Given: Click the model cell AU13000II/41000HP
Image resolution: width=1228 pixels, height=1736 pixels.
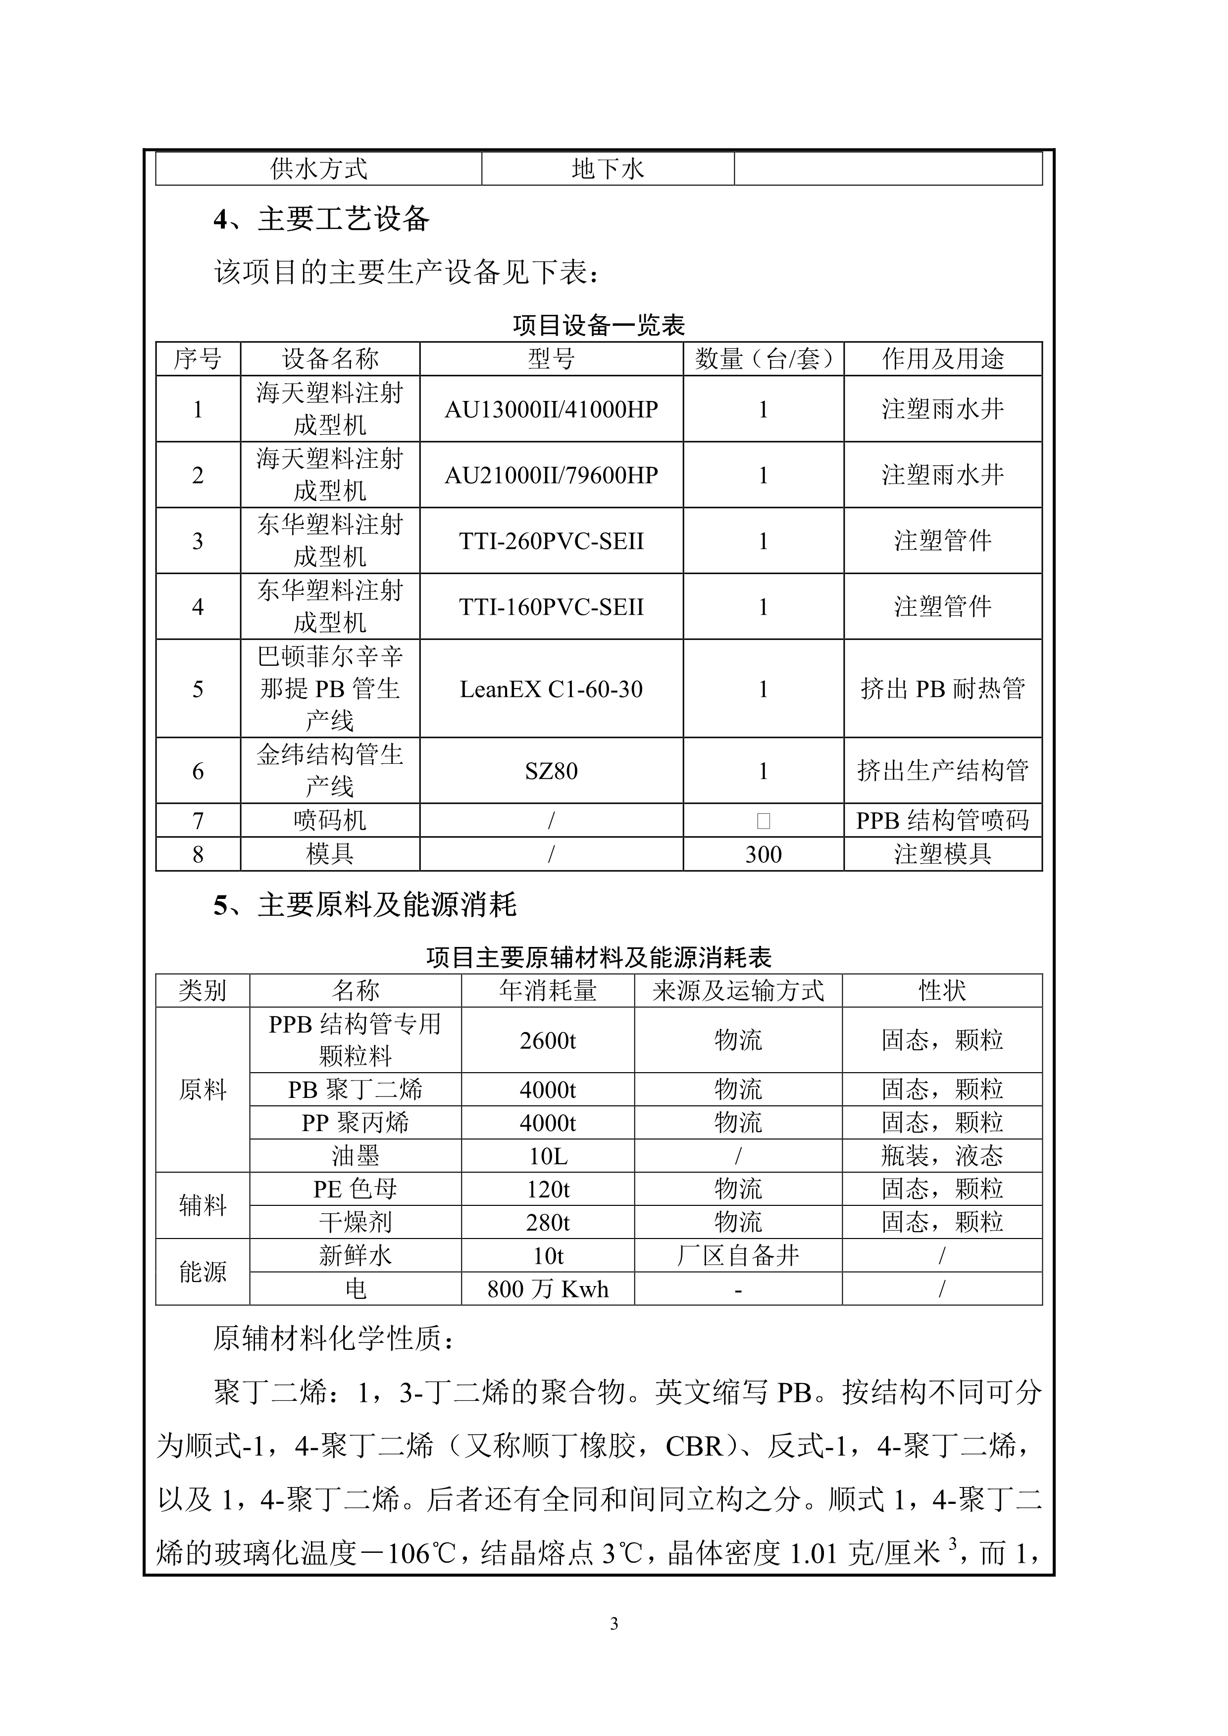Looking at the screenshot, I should (551, 409).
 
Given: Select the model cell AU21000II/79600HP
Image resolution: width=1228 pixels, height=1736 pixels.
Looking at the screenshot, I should (551, 475).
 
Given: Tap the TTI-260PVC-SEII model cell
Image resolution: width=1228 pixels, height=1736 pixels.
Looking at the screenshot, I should (551, 541).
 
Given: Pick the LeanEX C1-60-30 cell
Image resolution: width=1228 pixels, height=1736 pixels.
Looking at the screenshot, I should (551, 689).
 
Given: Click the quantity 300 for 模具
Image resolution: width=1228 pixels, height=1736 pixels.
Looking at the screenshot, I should (763, 854).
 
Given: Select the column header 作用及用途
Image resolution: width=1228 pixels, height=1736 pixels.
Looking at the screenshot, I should (942, 358).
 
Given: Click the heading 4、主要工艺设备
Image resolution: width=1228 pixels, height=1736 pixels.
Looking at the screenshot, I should (321, 219).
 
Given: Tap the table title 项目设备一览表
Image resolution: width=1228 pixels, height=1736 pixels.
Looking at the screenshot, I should (598, 325).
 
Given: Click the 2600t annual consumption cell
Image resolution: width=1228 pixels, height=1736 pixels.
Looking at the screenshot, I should (548, 1041).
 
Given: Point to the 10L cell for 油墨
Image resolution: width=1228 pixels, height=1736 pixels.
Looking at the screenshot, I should (548, 1156).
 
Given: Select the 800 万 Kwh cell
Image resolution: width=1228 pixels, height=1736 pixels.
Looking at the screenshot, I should (548, 1289).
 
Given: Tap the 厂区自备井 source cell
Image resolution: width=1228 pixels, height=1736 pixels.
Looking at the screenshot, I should (737, 1256).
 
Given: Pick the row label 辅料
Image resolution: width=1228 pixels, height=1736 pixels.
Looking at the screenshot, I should (202, 1205).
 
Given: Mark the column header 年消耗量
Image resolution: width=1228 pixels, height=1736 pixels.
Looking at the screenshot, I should (548, 991).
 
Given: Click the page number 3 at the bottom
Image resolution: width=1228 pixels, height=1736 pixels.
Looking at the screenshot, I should (613, 1623).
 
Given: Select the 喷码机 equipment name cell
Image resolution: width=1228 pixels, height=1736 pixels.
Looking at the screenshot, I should (330, 820).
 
